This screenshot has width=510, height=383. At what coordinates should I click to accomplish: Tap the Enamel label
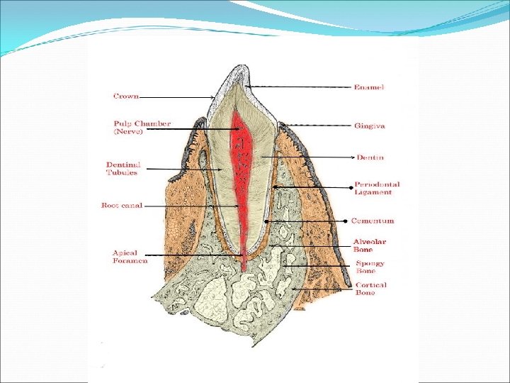click(x=369, y=87)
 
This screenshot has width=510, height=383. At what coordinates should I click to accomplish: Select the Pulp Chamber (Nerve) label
click(x=142, y=127)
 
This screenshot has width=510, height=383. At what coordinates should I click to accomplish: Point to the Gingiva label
click(x=370, y=126)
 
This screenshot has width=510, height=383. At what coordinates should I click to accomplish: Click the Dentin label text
click(x=370, y=157)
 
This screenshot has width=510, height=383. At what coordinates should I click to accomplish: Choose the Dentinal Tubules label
click(x=123, y=168)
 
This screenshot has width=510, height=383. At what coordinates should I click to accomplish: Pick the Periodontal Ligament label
click(x=378, y=188)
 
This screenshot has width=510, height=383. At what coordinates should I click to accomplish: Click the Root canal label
click(x=122, y=206)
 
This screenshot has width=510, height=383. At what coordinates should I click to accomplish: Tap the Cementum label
click(x=373, y=221)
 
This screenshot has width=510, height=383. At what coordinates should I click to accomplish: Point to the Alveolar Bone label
click(x=370, y=245)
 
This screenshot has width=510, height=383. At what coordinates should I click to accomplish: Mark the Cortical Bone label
click(x=371, y=289)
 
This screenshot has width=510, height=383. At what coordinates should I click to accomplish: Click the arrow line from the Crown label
click(x=177, y=96)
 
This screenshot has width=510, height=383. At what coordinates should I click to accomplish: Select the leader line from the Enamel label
click(x=297, y=87)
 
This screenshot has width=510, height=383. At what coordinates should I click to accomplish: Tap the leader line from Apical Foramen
click(x=198, y=255)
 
